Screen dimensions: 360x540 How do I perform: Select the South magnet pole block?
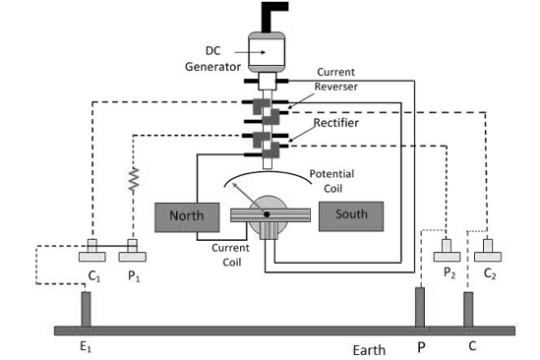351,214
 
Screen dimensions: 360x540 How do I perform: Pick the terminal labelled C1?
92,254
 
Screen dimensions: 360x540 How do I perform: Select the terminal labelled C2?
488,252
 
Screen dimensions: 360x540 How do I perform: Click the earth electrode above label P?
420,308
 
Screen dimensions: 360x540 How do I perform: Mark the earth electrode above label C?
469,310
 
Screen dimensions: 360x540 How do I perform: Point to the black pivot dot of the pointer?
267,213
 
